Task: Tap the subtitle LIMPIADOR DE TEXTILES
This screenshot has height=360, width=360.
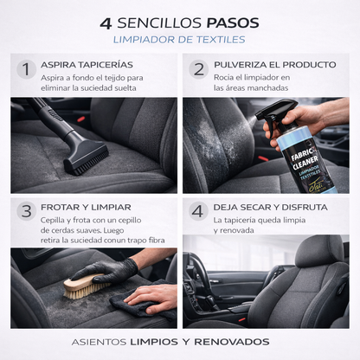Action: pyautogui.click(x=179, y=40)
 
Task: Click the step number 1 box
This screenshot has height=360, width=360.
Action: pyautogui.click(x=25, y=69)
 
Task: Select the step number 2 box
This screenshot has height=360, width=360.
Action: pyautogui.click(x=198, y=69)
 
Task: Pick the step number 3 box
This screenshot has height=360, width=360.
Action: pyautogui.click(x=25, y=211)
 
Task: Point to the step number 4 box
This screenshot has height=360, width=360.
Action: pyautogui.click(x=198, y=211)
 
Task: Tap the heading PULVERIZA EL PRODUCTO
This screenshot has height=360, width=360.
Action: pyautogui.click(x=274, y=65)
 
